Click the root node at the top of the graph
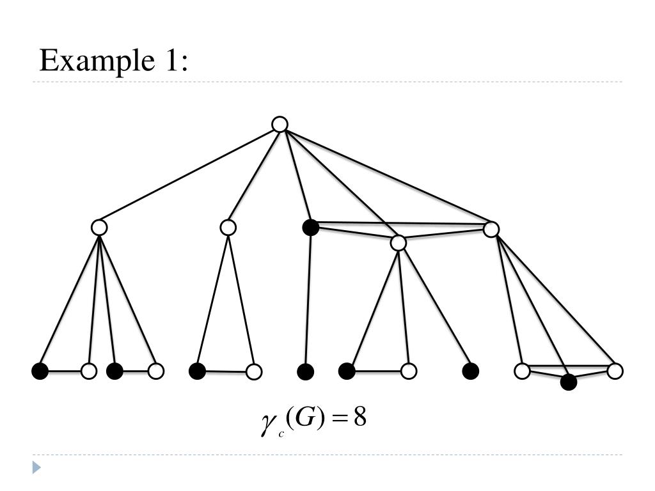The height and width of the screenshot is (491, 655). point(280,124)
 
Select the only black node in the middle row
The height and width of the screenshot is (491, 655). point(310,227)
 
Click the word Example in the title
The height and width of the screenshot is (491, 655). point(93,61)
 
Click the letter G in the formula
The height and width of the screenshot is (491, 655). point(305,419)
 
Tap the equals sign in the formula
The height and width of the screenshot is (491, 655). point(338,419)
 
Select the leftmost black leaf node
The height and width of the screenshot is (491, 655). point(40,371)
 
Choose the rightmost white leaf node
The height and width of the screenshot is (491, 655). point(615,371)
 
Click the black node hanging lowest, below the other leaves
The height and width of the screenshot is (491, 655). point(568,382)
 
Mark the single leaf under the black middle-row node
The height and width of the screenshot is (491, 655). point(306,371)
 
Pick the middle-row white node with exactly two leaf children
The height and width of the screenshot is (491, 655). point(228,227)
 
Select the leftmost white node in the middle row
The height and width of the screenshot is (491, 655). point(99,227)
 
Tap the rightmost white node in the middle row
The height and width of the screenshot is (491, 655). point(491,229)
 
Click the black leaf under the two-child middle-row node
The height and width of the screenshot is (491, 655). point(198,371)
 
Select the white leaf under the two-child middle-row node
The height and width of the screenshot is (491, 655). point(254,371)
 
